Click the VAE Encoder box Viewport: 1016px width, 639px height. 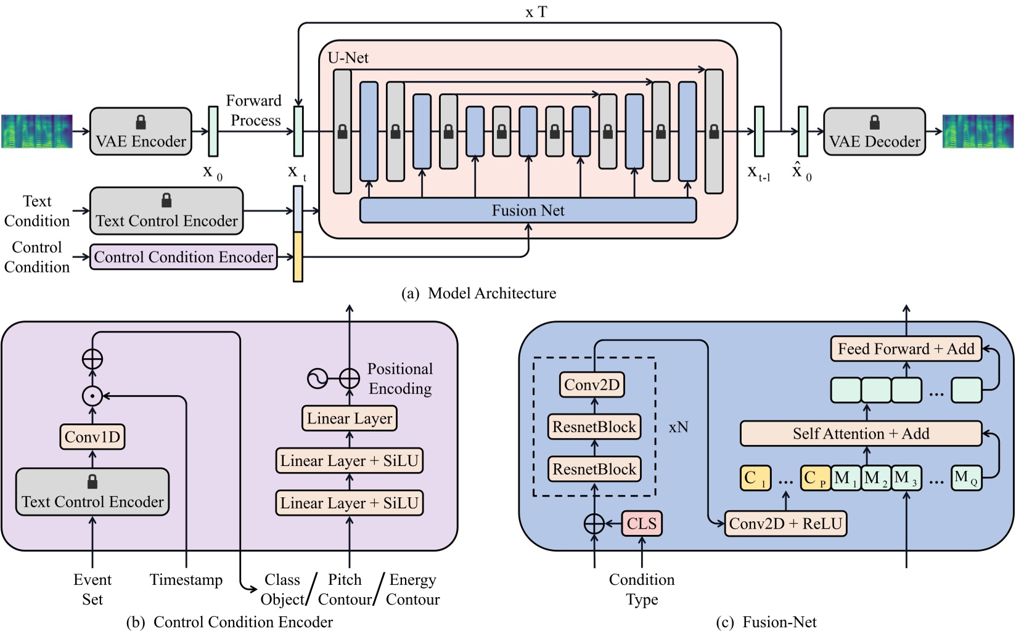pyautogui.click(x=141, y=132)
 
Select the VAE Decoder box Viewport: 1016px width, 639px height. pyautogui.click(x=874, y=132)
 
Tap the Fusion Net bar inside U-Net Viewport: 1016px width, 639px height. pyautogui.click(x=528, y=211)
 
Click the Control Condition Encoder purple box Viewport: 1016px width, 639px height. pyautogui.click(x=184, y=257)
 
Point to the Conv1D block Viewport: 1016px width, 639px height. pyautogui.click(x=92, y=437)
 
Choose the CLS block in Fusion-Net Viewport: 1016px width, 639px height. pyautogui.click(x=642, y=524)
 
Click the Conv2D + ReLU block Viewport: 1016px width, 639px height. pyautogui.click(x=785, y=524)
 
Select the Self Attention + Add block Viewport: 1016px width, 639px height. pyautogui.click(x=861, y=434)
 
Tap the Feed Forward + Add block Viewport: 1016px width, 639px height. pyautogui.click(x=906, y=349)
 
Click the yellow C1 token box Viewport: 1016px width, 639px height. pyautogui.click(x=755, y=478)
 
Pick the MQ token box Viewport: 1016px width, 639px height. pyautogui.click(x=966, y=478)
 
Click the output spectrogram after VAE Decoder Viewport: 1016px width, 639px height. pyautogui.click(x=978, y=131)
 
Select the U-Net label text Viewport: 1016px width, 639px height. pyautogui.click(x=348, y=58)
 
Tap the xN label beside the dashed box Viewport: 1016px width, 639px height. pyautogui.click(x=678, y=427)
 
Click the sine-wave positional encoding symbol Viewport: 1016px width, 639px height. pyautogui.click(x=317, y=378)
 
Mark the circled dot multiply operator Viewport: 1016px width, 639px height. pyautogui.click(x=92, y=396)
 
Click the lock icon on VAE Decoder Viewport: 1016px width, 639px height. pyautogui.click(x=874, y=122)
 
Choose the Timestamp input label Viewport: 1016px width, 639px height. pyautogui.click(x=186, y=580)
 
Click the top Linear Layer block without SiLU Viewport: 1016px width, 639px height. pyautogui.click(x=350, y=418)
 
